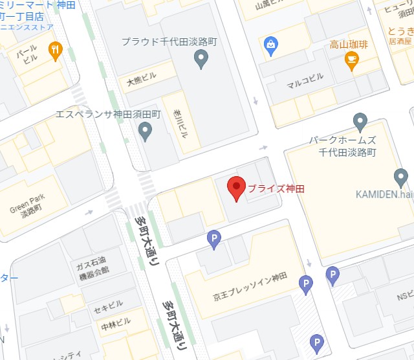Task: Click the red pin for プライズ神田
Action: point(236,188)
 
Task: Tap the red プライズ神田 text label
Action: point(276,189)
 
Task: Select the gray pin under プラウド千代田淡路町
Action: point(201,60)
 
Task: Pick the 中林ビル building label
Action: point(115,322)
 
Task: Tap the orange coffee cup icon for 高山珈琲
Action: point(352,62)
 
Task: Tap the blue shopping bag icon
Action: point(270,45)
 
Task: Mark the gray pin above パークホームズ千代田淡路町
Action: point(360,121)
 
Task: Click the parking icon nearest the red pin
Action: point(213,240)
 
